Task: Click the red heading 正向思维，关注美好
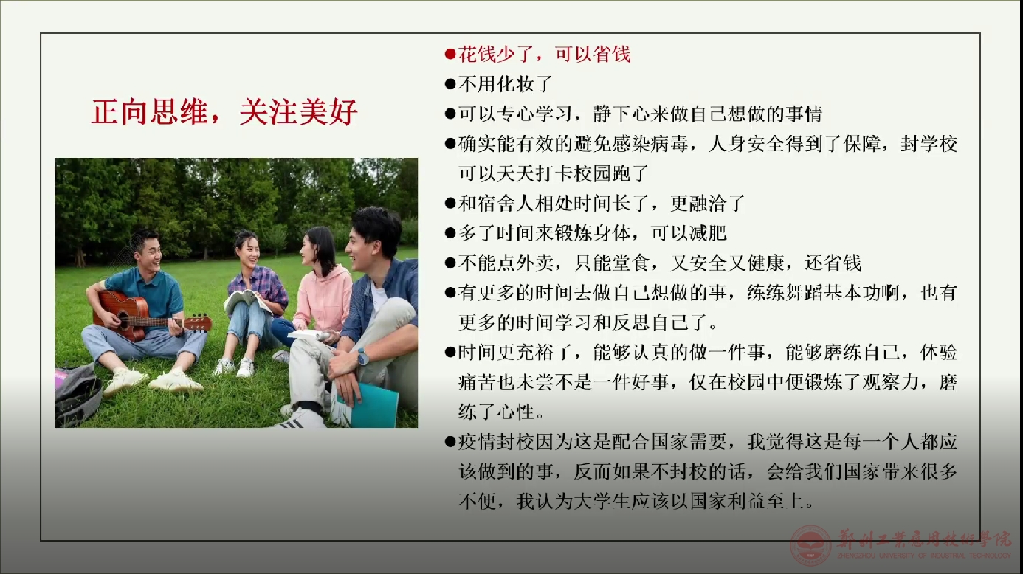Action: pyautogui.click(x=224, y=112)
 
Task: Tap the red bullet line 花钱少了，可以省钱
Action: pyautogui.click(x=537, y=55)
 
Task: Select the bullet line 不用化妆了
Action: pyautogui.click(x=498, y=84)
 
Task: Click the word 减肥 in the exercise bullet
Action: pyautogui.click(x=708, y=233)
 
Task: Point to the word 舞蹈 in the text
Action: pyautogui.click(x=804, y=293)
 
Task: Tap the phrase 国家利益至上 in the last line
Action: pyautogui.click(x=746, y=502)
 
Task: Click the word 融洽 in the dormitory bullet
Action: pyautogui.click(x=708, y=203)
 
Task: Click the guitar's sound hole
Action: pyautogui.click(x=123, y=318)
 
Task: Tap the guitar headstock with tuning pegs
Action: pyautogui.click(x=197, y=323)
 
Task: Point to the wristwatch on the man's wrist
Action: pyautogui.click(x=362, y=356)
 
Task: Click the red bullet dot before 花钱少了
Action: pyautogui.click(x=450, y=55)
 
